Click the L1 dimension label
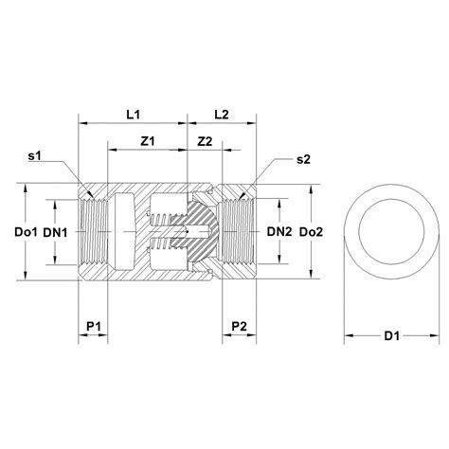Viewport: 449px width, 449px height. coord(133,115)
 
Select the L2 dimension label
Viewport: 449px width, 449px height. coord(222,115)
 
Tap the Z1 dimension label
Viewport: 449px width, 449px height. coord(148,141)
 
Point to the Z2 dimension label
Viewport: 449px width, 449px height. coord(205,141)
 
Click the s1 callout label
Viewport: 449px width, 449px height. coord(35,155)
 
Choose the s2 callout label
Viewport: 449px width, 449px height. coord(303,160)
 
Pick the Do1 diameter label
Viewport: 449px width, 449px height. coord(26,232)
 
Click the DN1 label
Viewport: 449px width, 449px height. coord(55,233)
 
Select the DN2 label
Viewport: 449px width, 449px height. coord(279,232)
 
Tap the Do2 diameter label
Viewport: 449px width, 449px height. coord(311,232)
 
